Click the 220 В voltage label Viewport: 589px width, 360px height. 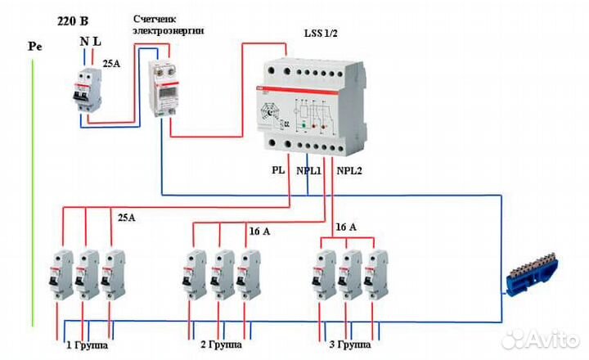pyautogui.click(x=74, y=21)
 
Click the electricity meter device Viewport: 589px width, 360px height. pyautogui.click(x=164, y=90)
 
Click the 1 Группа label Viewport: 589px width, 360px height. pyautogui.click(x=87, y=345)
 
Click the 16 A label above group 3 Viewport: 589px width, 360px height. pyautogui.click(x=347, y=226)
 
